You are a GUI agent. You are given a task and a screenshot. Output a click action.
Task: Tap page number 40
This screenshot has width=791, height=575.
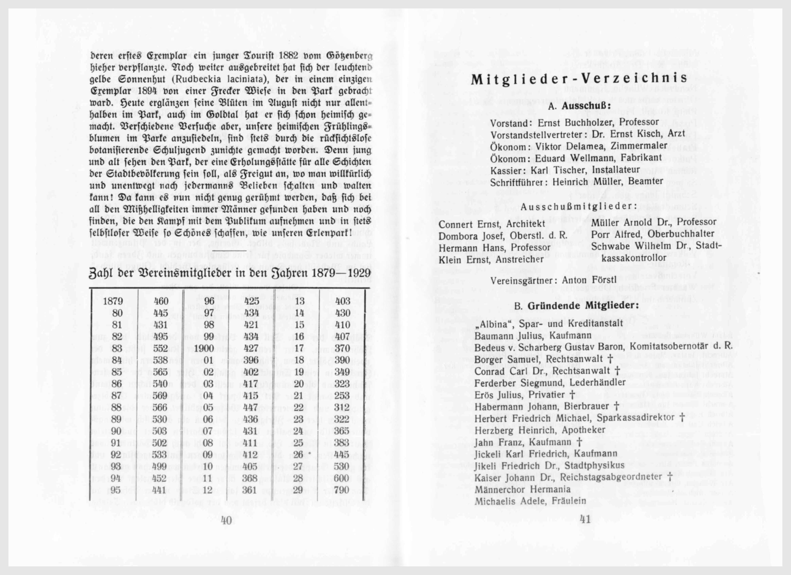point(226,521)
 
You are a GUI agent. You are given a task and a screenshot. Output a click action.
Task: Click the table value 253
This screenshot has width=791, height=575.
point(342,396)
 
